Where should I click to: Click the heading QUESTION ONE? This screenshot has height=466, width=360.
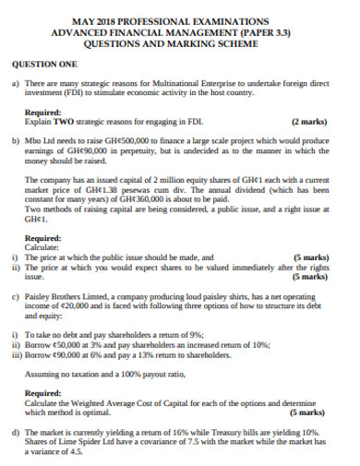[x=44, y=65]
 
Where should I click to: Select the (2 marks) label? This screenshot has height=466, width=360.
[x=308, y=121]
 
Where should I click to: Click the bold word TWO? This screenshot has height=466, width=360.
[x=64, y=121]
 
